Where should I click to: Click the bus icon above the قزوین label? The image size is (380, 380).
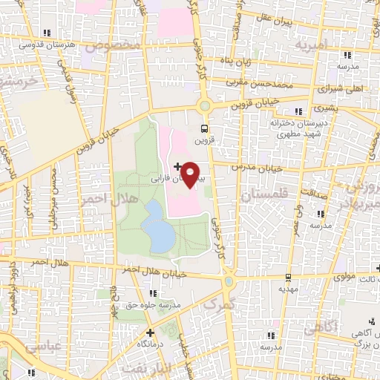click(x=204, y=127)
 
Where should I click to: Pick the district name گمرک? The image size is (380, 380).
click(x=220, y=304)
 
